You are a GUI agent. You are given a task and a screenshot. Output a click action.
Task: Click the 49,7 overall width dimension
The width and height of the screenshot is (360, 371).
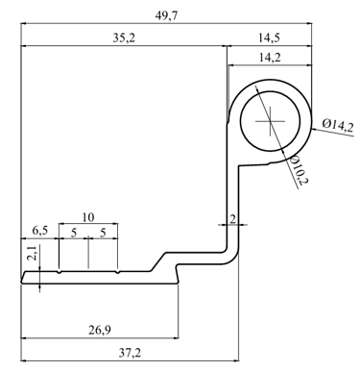166,15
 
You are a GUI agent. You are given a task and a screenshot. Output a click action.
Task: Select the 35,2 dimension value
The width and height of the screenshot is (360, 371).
124,37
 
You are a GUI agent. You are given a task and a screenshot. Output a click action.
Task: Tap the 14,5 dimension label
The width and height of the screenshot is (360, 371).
269,37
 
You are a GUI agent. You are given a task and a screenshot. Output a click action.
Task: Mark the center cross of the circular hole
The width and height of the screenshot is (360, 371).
270,121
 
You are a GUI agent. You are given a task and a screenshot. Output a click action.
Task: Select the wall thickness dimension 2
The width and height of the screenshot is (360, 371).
232,219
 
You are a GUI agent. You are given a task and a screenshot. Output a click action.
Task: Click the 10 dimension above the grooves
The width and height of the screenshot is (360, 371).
88,217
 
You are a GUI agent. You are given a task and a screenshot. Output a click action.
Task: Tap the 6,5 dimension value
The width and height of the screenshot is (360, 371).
40,231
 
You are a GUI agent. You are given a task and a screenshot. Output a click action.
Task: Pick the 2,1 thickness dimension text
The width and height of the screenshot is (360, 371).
34,253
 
